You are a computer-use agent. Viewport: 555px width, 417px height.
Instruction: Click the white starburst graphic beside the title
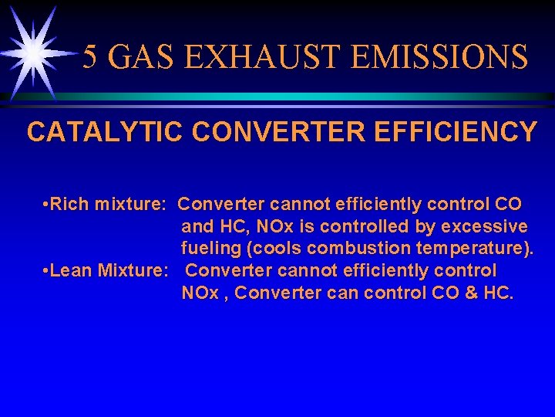(x=33, y=53)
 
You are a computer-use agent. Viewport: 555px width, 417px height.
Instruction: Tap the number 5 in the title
(x=91, y=57)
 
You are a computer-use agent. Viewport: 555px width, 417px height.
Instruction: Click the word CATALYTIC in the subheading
(x=105, y=131)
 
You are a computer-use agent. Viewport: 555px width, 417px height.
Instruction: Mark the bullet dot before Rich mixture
(x=47, y=205)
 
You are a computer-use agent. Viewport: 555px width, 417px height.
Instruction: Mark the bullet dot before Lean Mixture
(x=47, y=271)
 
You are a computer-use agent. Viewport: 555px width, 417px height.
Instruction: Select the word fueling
(x=208, y=249)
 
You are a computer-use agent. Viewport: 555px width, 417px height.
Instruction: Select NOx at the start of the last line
(x=198, y=293)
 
